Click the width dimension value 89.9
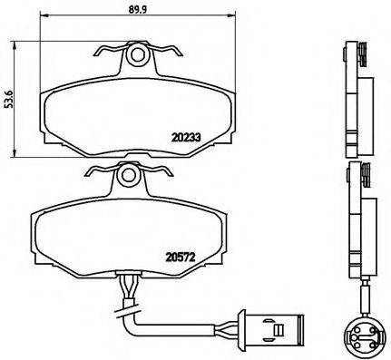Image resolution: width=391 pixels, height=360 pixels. tap(138, 13)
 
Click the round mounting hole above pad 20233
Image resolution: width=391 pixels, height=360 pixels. tap(138, 56)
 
